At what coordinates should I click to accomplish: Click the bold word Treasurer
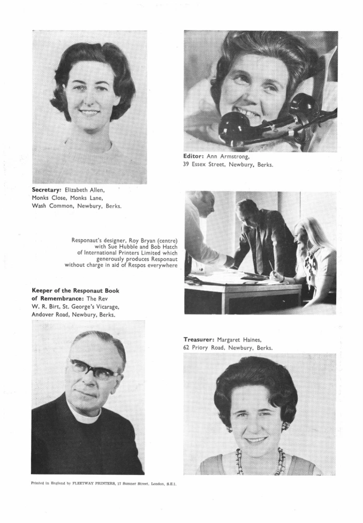[x=199, y=339]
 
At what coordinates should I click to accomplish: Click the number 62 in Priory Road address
[x=187, y=348]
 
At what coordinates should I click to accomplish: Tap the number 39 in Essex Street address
[x=187, y=165]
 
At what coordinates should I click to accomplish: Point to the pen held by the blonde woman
[x=273, y=266]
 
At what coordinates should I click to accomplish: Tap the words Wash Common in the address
[x=50, y=206]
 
